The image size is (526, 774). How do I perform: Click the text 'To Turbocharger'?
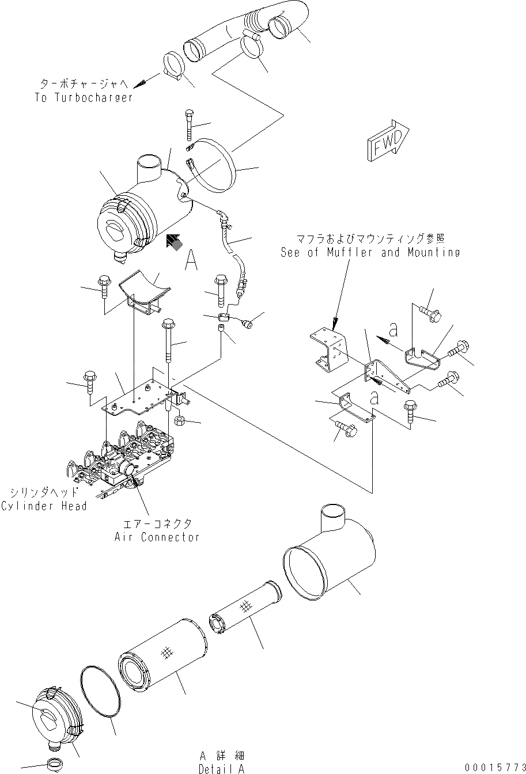pos(84,98)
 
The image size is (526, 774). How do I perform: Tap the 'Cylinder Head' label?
pos(44,506)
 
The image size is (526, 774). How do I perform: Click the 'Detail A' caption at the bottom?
pos(222,768)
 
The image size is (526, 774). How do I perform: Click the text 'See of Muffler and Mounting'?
pos(370,252)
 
